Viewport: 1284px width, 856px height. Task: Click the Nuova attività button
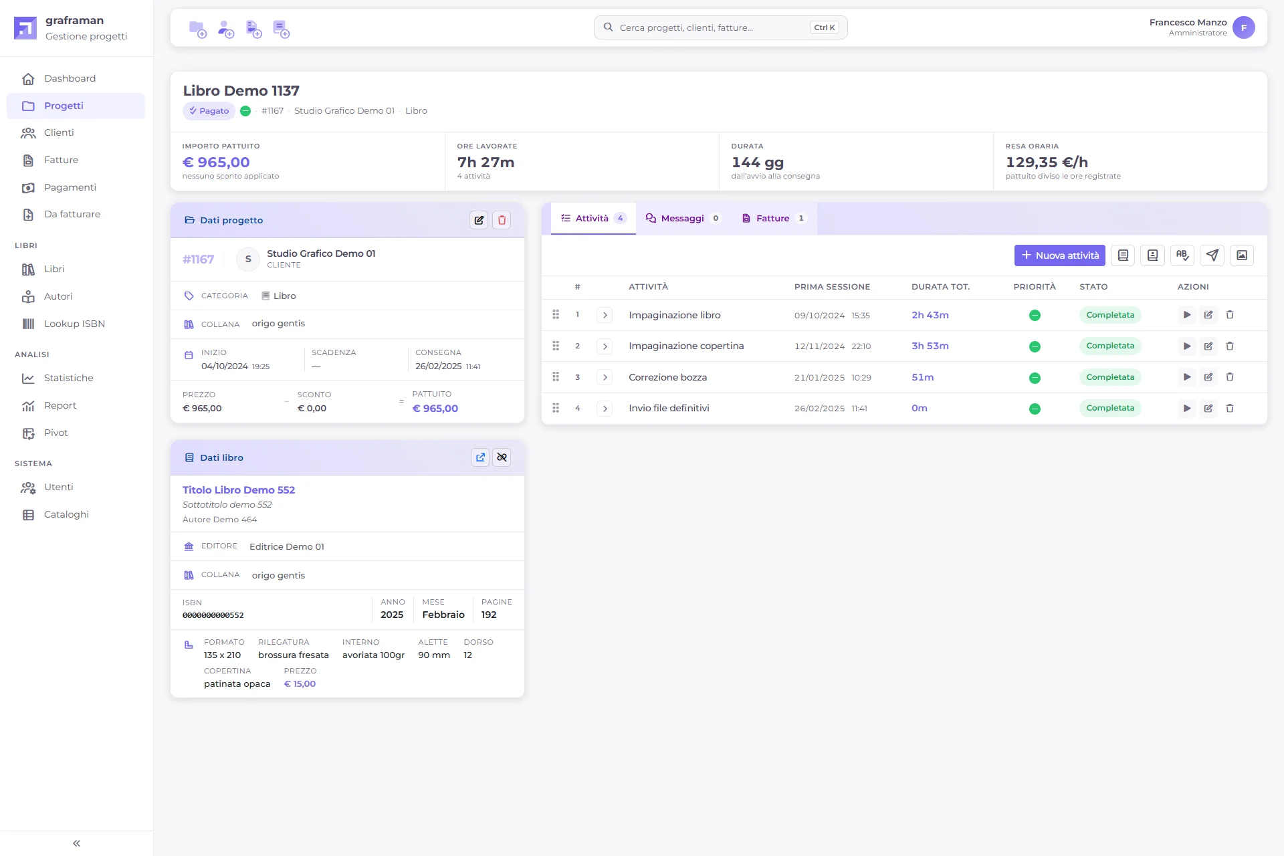pyautogui.click(x=1059, y=255)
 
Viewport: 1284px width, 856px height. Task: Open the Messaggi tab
pyautogui.click(x=682, y=219)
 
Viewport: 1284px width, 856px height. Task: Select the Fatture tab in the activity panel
pyautogui.click(x=774, y=219)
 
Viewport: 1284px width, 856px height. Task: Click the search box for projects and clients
pyautogui.click(x=720, y=27)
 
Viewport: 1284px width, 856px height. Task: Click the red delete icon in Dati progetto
pyautogui.click(x=502, y=220)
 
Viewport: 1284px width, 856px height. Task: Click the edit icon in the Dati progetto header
pyautogui.click(x=479, y=220)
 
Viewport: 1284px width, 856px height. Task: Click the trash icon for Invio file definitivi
pyautogui.click(x=1230, y=409)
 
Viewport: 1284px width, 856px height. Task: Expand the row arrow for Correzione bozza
pyautogui.click(x=605, y=377)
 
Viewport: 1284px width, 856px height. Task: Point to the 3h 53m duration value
pyautogui.click(x=930, y=346)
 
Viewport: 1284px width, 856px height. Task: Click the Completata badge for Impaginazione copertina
pyautogui.click(x=1110, y=346)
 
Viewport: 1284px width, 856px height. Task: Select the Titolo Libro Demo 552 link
pyautogui.click(x=239, y=490)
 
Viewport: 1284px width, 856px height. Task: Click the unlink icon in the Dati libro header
pyautogui.click(x=502, y=457)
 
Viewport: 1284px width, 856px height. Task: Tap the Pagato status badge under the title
pyautogui.click(x=209, y=111)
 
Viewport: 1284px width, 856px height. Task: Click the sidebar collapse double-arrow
pyautogui.click(x=76, y=843)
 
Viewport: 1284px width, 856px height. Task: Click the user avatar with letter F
pyautogui.click(x=1244, y=27)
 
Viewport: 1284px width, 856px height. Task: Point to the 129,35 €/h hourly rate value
pyautogui.click(x=1047, y=163)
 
